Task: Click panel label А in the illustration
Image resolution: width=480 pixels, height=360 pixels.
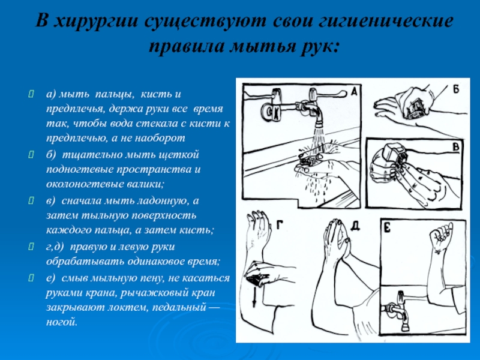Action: pos(354,92)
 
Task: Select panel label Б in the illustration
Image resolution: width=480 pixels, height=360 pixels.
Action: pos(455,89)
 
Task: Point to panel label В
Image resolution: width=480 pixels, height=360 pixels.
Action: pos(456,147)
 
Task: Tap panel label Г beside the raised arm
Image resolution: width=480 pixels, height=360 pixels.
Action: pos(280,226)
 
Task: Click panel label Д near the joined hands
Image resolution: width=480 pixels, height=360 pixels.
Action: pos(355,226)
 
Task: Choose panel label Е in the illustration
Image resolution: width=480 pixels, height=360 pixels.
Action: pos(387,228)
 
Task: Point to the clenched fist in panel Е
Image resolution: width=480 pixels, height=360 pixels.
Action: pos(442,236)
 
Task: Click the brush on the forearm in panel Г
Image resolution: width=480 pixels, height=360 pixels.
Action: pos(256,280)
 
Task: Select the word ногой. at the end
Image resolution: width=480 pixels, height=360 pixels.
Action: pos(62,322)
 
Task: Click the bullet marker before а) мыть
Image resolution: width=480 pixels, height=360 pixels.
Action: pos(31,94)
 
